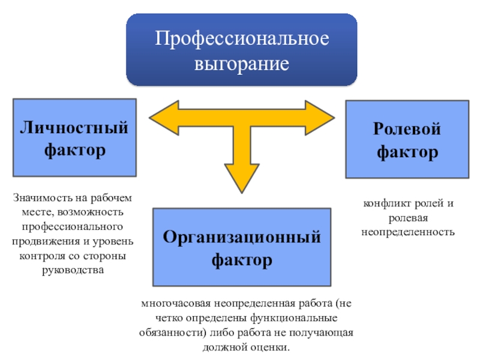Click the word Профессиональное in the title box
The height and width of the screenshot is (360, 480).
pyautogui.click(x=241, y=40)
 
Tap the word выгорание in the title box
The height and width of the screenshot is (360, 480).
pyautogui.click(x=241, y=62)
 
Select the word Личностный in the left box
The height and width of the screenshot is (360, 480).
pyautogui.click(x=74, y=128)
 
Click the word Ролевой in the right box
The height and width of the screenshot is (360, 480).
pyautogui.click(x=407, y=129)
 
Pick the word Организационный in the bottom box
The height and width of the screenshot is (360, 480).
pyautogui.click(x=241, y=237)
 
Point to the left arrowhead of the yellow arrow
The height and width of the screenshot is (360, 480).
pyautogui.click(x=157, y=113)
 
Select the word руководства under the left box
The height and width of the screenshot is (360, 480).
pyautogui.click(x=74, y=269)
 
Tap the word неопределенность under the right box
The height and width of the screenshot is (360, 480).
pyautogui.click(x=407, y=231)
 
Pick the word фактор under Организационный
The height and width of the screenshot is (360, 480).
pyautogui.click(x=241, y=260)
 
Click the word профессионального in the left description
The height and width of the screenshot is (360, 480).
pyautogui.click(x=74, y=226)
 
